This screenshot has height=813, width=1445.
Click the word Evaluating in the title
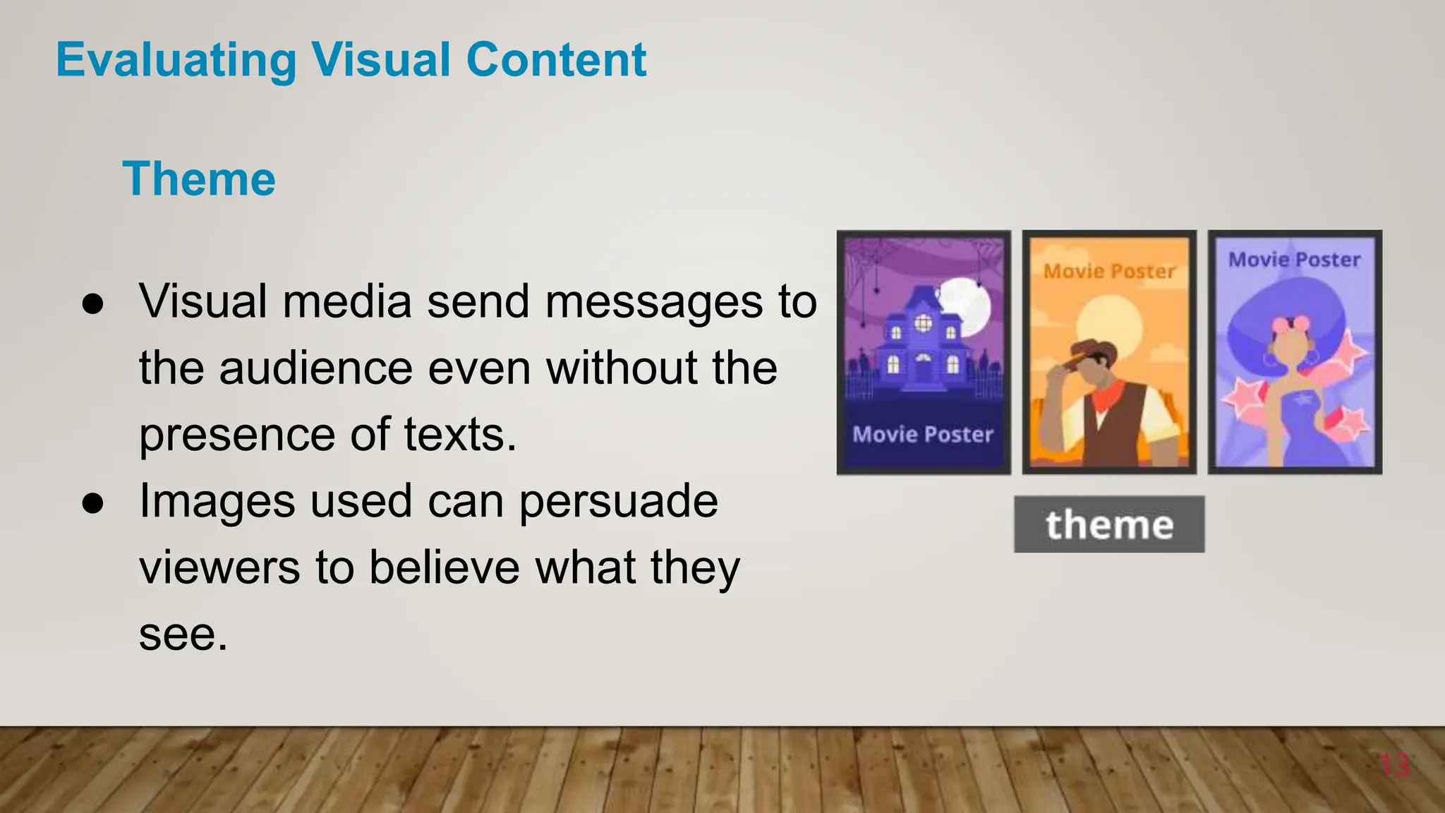[x=176, y=60]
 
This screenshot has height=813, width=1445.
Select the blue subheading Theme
[x=199, y=179]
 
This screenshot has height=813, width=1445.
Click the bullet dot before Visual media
[x=92, y=304]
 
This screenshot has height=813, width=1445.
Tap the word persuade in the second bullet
[x=618, y=502]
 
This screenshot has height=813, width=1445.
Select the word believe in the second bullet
[x=445, y=568]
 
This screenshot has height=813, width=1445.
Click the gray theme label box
[x=1109, y=524]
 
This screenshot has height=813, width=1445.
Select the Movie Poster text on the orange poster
[x=1109, y=271]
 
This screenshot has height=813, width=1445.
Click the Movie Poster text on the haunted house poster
[x=923, y=434]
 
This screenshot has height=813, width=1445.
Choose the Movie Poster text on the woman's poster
[x=1295, y=260]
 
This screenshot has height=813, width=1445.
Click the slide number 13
[x=1394, y=766]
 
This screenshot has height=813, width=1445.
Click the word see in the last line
[x=183, y=634]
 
